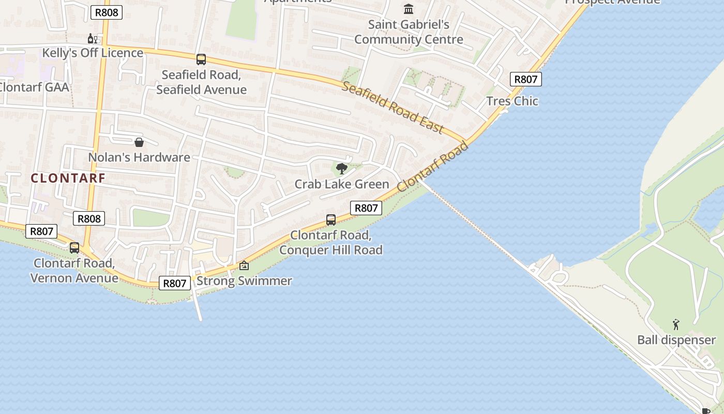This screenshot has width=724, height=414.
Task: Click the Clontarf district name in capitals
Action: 68,178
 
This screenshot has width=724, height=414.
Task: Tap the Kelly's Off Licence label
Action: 93,53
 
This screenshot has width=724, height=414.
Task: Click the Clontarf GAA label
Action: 34,86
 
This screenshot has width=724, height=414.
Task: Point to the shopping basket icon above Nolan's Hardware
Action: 139,142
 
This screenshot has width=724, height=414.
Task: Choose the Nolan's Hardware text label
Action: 139,157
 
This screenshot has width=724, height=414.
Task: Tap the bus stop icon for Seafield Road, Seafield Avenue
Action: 201,60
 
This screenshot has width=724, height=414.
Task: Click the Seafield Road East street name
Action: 393,108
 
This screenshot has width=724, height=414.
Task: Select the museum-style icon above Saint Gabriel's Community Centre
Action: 409,9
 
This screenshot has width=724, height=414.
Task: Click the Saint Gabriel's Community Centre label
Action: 409,32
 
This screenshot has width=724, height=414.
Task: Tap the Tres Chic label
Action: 512,101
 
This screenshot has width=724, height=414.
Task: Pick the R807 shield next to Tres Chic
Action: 526,79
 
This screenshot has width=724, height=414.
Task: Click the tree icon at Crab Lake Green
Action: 341,168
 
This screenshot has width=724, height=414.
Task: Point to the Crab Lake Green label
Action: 341,184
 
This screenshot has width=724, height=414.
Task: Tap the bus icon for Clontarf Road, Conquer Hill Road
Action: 331,220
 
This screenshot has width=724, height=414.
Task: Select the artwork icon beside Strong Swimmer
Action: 244,266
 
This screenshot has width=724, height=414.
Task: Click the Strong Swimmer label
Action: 244,281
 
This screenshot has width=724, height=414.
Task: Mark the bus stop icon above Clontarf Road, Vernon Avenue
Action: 74,248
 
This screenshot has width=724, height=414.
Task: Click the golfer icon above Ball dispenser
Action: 676,324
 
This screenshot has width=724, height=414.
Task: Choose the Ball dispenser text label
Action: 676,340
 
